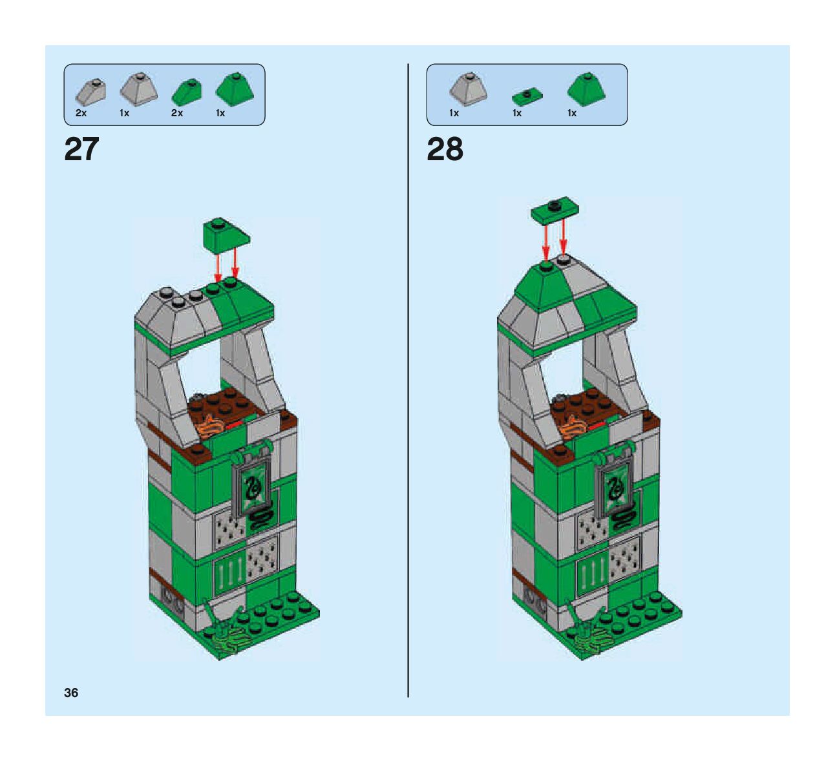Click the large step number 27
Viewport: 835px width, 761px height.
(x=82, y=150)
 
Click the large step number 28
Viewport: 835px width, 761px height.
(x=445, y=150)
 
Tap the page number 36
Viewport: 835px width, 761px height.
(x=71, y=693)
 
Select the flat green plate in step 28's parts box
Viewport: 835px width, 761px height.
(x=526, y=96)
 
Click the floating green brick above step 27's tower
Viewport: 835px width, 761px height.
(x=224, y=235)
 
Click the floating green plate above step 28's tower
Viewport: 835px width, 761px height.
(x=555, y=212)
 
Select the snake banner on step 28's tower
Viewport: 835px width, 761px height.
(x=613, y=488)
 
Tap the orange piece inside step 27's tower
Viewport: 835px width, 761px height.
(x=211, y=428)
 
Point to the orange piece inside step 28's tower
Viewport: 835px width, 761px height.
(x=574, y=428)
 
